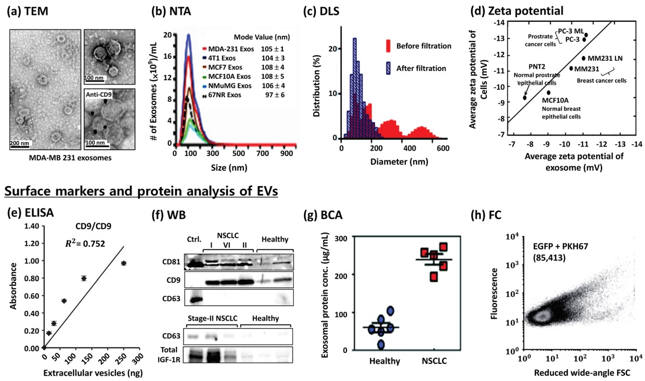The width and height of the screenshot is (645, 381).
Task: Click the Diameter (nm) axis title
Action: pyautogui.click(x=391, y=162)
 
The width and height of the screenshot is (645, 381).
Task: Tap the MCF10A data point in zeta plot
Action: pyautogui.click(x=548, y=93)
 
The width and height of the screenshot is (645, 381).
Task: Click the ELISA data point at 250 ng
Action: pyautogui.click(x=123, y=263)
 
